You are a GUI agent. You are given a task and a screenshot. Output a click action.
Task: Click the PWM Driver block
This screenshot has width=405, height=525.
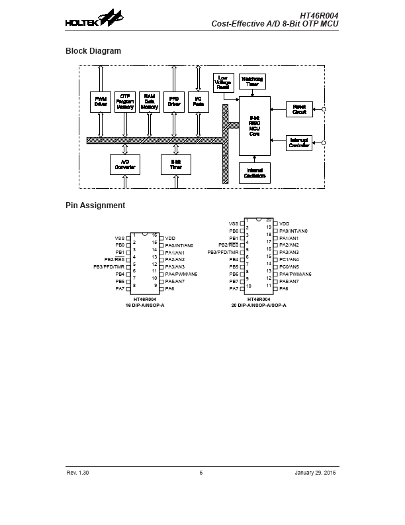[101, 101]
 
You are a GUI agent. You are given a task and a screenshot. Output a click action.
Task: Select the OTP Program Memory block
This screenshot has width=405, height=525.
[125, 101]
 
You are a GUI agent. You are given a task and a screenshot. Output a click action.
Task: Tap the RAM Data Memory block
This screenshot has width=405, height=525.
[150, 101]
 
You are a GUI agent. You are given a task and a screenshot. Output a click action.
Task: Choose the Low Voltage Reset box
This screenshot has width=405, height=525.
[224, 82]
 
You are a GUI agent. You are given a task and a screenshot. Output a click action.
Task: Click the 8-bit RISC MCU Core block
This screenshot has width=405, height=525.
[254, 125]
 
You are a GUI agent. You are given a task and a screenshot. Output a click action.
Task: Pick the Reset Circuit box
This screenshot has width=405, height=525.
[298, 109]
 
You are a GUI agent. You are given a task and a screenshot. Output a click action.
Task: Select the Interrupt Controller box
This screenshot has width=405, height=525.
[298, 143]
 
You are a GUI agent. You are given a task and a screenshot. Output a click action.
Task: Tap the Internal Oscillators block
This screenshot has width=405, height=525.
[254, 173]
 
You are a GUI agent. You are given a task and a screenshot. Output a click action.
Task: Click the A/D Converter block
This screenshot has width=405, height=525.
[125, 164]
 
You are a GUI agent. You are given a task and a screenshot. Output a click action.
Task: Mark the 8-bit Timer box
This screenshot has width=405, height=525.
[176, 164]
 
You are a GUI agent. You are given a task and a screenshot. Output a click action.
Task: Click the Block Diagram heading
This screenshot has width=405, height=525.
[93, 51]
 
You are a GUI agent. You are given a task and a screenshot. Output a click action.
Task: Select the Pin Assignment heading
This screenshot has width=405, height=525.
[95, 205]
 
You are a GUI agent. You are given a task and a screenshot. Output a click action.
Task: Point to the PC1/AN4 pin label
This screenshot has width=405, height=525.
[289, 260]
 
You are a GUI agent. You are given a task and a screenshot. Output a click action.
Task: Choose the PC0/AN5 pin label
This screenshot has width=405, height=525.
[289, 267]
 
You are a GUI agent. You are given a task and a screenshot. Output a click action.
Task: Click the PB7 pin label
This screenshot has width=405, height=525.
[234, 282]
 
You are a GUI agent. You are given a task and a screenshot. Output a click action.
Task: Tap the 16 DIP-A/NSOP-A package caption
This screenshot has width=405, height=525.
[145, 305]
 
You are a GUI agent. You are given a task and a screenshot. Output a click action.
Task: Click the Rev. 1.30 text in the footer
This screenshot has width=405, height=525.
[77, 473]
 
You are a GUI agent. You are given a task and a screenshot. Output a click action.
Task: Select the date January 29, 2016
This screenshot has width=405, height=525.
[316, 473]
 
